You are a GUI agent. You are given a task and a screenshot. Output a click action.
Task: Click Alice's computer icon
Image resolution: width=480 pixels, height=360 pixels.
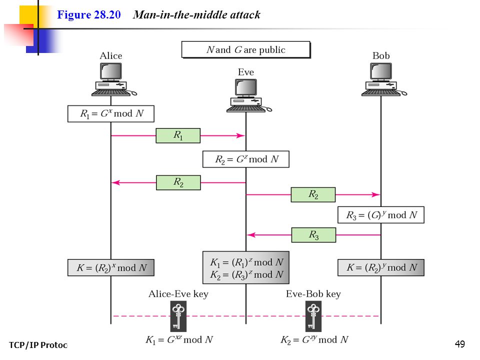click(114, 79)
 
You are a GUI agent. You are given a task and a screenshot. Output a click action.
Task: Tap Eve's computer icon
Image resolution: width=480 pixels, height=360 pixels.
click(249, 95)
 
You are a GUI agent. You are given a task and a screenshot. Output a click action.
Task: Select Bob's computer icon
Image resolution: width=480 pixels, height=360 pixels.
click(384, 79)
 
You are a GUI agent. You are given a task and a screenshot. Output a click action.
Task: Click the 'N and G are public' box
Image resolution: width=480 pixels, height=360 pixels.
click(246, 49)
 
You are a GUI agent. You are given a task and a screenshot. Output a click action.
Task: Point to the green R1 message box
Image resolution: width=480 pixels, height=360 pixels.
click(178, 135)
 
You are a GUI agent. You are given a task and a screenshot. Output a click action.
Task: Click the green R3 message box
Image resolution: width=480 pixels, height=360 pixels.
click(313, 235)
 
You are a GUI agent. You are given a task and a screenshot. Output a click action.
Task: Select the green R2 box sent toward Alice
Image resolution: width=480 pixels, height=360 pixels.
click(178, 183)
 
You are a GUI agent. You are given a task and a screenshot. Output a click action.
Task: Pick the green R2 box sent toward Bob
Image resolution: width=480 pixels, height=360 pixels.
click(313, 194)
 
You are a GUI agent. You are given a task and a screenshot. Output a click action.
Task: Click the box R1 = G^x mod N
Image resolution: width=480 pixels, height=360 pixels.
click(111, 114)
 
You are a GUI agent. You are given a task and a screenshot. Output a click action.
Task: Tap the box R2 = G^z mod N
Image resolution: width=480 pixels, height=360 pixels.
click(246, 159)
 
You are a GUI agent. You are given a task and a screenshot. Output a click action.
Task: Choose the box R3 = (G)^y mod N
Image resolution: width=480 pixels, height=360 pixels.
click(381, 215)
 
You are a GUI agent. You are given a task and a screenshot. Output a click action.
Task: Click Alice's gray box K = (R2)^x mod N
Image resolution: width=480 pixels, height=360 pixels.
click(111, 268)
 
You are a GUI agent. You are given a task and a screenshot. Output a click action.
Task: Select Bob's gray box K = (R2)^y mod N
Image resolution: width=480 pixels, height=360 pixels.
click(381, 268)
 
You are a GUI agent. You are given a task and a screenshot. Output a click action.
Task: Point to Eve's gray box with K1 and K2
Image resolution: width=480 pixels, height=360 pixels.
click(246, 268)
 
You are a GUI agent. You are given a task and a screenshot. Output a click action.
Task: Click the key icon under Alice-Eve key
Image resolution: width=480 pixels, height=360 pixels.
click(178, 316)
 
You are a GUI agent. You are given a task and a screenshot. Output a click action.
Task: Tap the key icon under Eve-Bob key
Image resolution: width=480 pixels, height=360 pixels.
click(313, 316)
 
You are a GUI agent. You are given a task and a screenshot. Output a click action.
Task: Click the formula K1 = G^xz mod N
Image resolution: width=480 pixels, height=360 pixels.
click(179, 340)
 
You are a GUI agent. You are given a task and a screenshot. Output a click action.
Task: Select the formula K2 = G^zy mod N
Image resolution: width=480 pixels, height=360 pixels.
click(314, 340)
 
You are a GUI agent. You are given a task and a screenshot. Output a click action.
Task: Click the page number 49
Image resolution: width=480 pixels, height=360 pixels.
click(460, 344)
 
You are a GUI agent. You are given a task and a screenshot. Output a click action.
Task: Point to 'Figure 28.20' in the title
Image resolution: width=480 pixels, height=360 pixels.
click(89, 14)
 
